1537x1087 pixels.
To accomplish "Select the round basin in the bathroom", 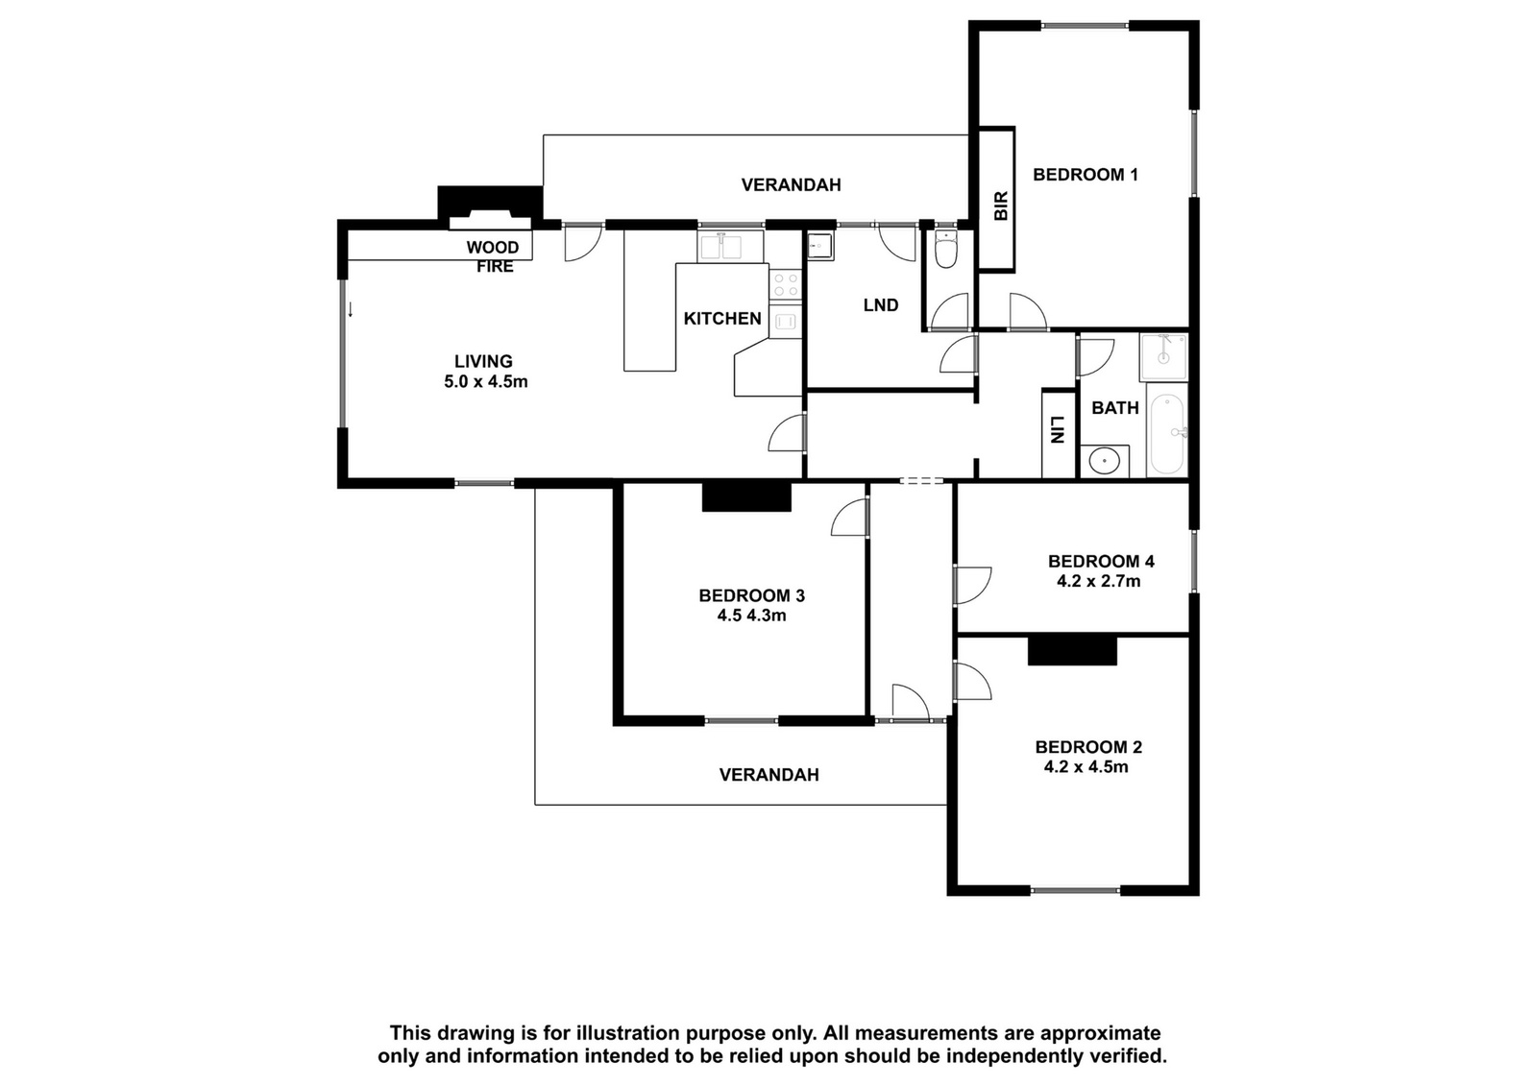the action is [x=1104, y=461].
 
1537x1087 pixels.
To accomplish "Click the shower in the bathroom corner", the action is [x=1163, y=357].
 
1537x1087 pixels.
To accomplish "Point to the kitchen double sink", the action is [x=730, y=246].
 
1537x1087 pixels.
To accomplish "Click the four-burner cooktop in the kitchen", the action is [x=785, y=284].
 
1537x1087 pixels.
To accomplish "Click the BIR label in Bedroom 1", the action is [x=1001, y=205].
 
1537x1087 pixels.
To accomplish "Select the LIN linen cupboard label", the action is [x=1058, y=430].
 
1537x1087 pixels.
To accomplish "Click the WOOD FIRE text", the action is [x=494, y=256].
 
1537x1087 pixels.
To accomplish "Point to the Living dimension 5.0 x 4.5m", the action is [x=486, y=381].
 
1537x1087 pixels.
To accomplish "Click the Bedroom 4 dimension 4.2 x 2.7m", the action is [x=1099, y=582].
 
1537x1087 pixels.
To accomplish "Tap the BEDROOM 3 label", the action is [x=752, y=595].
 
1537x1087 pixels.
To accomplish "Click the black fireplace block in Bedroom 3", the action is [x=746, y=496].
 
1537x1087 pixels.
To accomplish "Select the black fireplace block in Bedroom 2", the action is [x=1072, y=651].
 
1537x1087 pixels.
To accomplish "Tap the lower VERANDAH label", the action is [x=769, y=775].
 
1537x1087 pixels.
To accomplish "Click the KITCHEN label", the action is [x=722, y=318].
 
